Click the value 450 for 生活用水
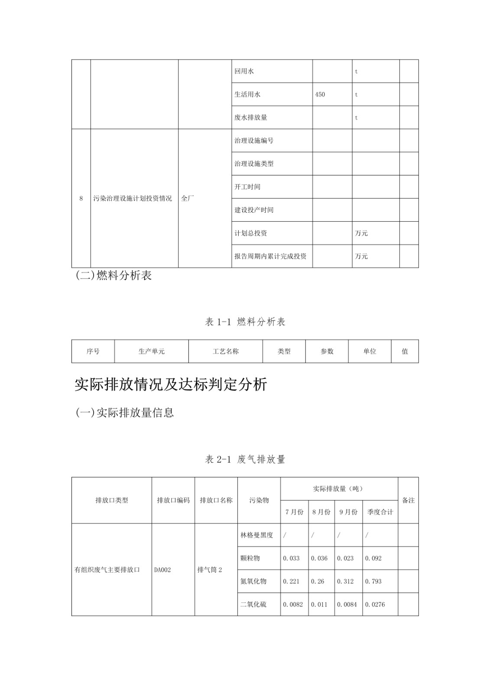[320, 94]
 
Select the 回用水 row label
[244, 71]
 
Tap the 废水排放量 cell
[251, 117]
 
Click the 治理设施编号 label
[254, 140]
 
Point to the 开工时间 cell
[247, 187]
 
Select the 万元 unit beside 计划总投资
[361, 233]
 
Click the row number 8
[81, 198]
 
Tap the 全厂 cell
[188, 198]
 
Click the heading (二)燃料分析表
[114, 275]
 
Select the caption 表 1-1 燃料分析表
[245, 322]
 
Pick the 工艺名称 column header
[225, 351]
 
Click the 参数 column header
[327, 351]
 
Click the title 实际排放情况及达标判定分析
[171, 385]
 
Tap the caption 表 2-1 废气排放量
[245, 459]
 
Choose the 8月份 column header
[321, 512]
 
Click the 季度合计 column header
[380, 512]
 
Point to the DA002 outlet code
[162, 570]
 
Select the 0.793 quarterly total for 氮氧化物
[373, 581]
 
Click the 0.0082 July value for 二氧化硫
[293, 604]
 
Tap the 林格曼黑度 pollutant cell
[256, 535]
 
